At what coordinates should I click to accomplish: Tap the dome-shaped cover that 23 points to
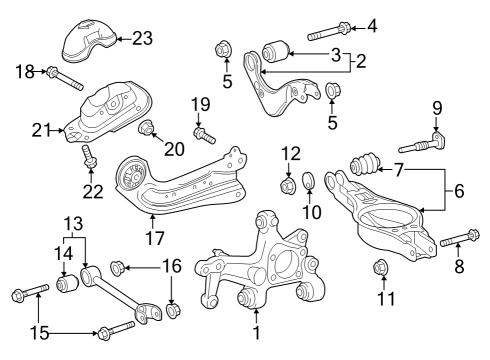(x=88, y=41)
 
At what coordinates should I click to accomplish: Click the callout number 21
(x=41, y=129)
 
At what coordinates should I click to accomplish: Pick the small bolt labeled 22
(x=88, y=154)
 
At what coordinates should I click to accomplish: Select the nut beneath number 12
(x=288, y=184)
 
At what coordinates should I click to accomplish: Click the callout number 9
(x=436, y=108)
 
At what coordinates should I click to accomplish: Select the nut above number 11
(x=380, y=267)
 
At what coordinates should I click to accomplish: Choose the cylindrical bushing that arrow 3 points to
(x=275, y=49)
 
